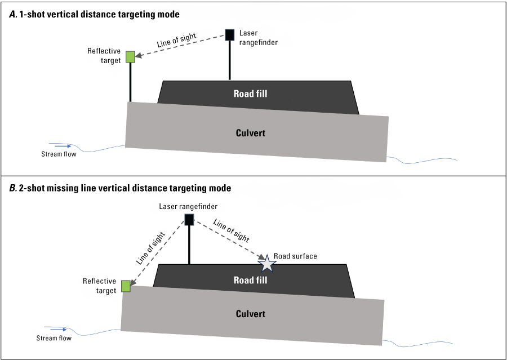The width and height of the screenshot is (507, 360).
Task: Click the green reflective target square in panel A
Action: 130,56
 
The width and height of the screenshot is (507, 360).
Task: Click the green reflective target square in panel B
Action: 126,286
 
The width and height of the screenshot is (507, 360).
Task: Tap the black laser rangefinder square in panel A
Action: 230,34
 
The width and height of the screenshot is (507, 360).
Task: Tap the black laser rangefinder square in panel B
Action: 189,219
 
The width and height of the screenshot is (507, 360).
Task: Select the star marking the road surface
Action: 266,263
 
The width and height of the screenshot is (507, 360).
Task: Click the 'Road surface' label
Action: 296,256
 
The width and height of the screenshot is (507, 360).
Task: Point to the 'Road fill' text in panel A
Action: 250,94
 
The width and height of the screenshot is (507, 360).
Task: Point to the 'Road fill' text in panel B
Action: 250,280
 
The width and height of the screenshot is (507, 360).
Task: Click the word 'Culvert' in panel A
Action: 250,133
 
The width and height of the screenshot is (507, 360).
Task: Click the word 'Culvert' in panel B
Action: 250,314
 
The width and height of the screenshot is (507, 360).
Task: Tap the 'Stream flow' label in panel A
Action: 59,154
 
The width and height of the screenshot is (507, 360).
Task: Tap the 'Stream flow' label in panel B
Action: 54,338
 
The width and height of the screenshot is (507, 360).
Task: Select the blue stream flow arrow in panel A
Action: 60,145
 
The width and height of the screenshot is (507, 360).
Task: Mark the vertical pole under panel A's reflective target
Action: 130,82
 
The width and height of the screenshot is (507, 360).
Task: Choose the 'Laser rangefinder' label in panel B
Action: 188,207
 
